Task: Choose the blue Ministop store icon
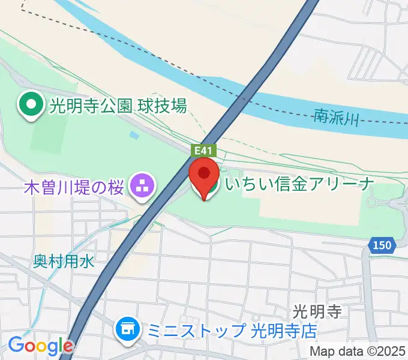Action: [126, 328]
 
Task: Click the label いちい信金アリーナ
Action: [299, 184]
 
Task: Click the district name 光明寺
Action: [317, 312]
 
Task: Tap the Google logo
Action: [40, 346]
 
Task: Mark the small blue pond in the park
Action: [134, 136]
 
